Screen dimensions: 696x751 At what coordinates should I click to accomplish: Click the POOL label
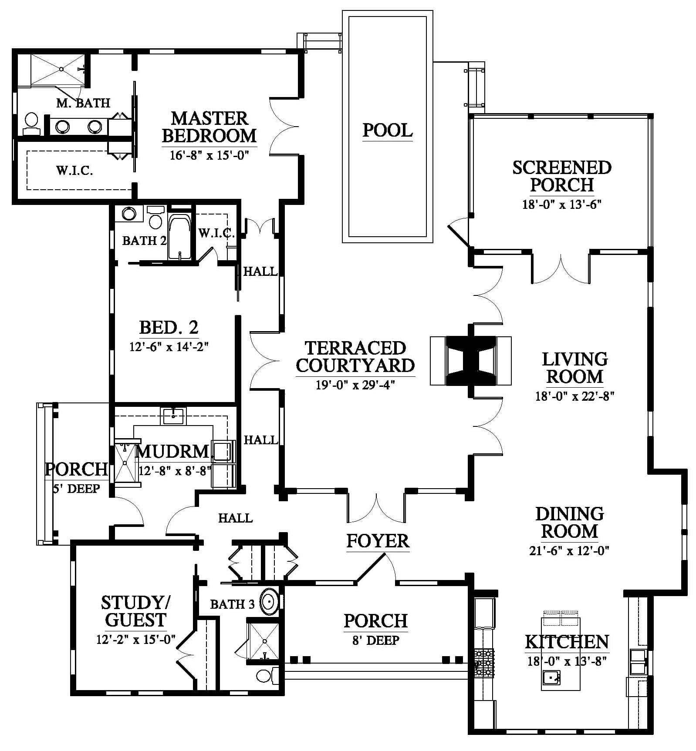tap(387, 130)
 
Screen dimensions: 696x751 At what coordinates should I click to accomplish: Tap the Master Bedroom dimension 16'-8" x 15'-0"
tap(209, 155)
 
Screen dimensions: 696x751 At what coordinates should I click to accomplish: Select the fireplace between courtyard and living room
tap(470, 361)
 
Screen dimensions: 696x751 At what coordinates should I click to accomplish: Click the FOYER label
tap(378, 541)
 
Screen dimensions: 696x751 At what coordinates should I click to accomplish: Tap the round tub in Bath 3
tap(270, 602)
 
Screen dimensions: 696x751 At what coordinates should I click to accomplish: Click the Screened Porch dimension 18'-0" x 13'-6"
tap(561, 205)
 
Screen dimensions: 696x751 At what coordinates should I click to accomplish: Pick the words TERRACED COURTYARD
tap(355, 357)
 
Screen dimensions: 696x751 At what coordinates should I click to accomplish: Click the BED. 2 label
tap(169, 327)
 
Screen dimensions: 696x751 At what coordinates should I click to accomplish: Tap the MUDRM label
tap(173, 451)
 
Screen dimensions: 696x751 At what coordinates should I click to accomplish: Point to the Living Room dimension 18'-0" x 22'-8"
tap(574, 396)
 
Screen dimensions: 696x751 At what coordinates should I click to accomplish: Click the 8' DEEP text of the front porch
tap(375, 640)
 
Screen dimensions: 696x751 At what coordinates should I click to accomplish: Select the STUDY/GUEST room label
tap(135, 611)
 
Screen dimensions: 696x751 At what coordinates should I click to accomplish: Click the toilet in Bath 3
tap(266, 675)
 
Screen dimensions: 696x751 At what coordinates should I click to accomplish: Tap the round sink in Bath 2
tap(129, 214)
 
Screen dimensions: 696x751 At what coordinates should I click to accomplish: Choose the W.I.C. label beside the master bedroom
tap(74, 170)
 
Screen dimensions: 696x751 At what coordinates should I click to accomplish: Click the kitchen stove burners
tap(484, 663)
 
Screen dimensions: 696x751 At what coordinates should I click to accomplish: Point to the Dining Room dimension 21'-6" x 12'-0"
tap(569, 550)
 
